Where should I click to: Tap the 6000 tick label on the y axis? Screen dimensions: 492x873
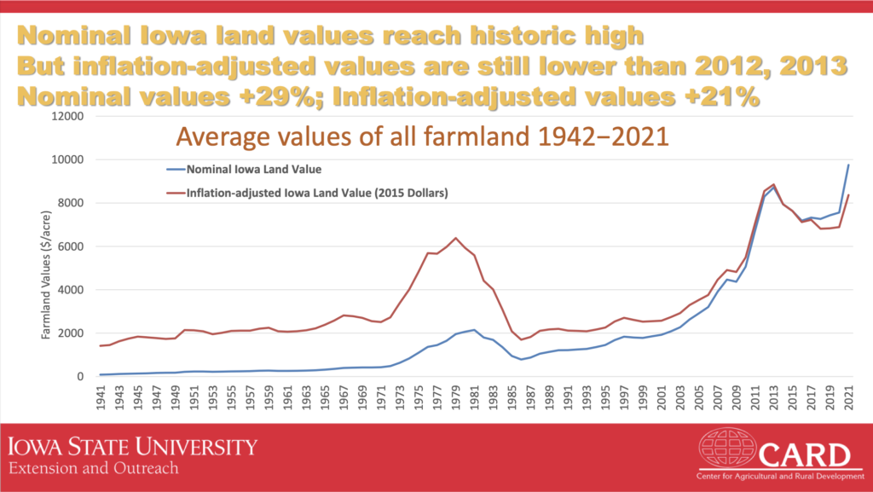coord(72,246)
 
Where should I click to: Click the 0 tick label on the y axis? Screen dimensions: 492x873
coord(81,376)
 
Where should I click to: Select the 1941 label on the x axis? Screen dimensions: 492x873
coord(102,397)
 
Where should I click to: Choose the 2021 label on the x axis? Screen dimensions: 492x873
coord(848,397)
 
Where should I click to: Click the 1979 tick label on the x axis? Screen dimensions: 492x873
coord(457,397)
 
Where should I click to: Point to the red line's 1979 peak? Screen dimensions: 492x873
coord(457,238)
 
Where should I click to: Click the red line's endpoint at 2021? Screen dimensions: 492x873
coord(848,195)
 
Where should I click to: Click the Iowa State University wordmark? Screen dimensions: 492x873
coord(132,446)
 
